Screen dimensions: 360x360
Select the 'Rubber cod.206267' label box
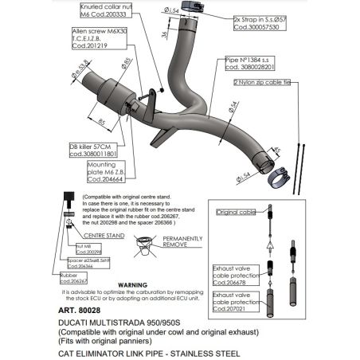pyautogui.click(x=74, y=278)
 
